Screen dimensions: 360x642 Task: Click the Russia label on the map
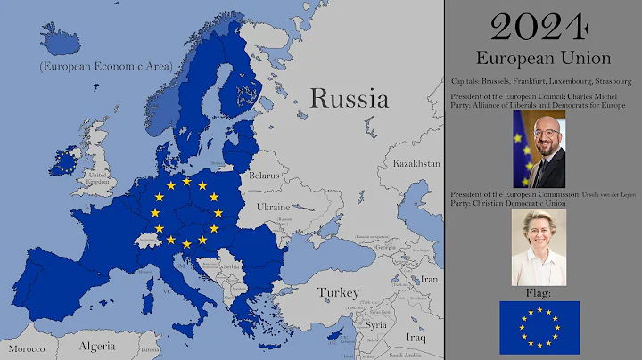pyautogui.click(x=349, y=98)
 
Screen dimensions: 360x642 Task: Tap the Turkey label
pyautogui.click(x=339, y=292)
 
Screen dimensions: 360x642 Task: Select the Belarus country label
pyautogui.click(x=264, y=176)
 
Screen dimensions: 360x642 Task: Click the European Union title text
pyautogui.click(x=542, y=59)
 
